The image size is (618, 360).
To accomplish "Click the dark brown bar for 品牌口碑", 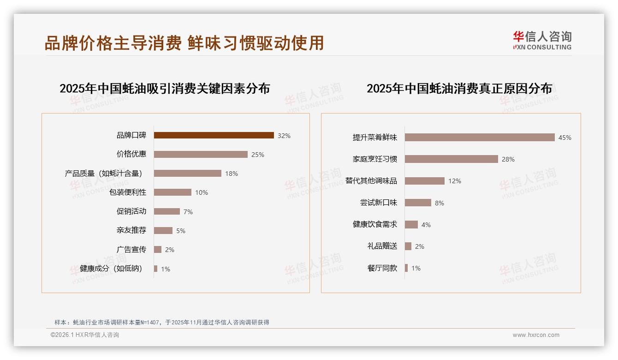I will click(214, 135).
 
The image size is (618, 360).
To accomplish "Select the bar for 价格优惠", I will click(201, 154).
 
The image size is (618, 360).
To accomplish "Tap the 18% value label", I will click(232, 174).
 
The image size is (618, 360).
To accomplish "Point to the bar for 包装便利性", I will click(172, 192).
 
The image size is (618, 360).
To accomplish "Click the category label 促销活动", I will click(131, 211).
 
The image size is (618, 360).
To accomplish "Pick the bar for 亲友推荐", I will click(163, 230).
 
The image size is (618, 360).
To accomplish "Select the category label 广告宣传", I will click(131, 249).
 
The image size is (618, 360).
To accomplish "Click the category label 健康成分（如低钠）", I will click(111, 269).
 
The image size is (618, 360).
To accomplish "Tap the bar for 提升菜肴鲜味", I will click(480, 137).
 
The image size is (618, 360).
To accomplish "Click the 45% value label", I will click(565, 138).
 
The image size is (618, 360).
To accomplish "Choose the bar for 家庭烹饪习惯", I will click(451, 159).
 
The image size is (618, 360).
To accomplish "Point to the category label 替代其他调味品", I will click(371, 181).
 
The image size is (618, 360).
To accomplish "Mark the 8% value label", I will click(440, 203).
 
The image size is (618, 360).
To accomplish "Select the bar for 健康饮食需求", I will click(411, 224).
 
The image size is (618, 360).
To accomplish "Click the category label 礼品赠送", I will click(382, 246).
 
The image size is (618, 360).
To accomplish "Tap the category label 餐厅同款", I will click(382, 268).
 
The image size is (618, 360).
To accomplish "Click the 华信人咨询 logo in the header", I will click(542, 40).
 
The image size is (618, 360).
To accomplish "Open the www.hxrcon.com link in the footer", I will click(536, 335).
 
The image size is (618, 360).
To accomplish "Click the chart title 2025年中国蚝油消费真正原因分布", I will click(459, 88).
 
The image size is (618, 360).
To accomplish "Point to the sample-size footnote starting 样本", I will click(162, 322).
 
